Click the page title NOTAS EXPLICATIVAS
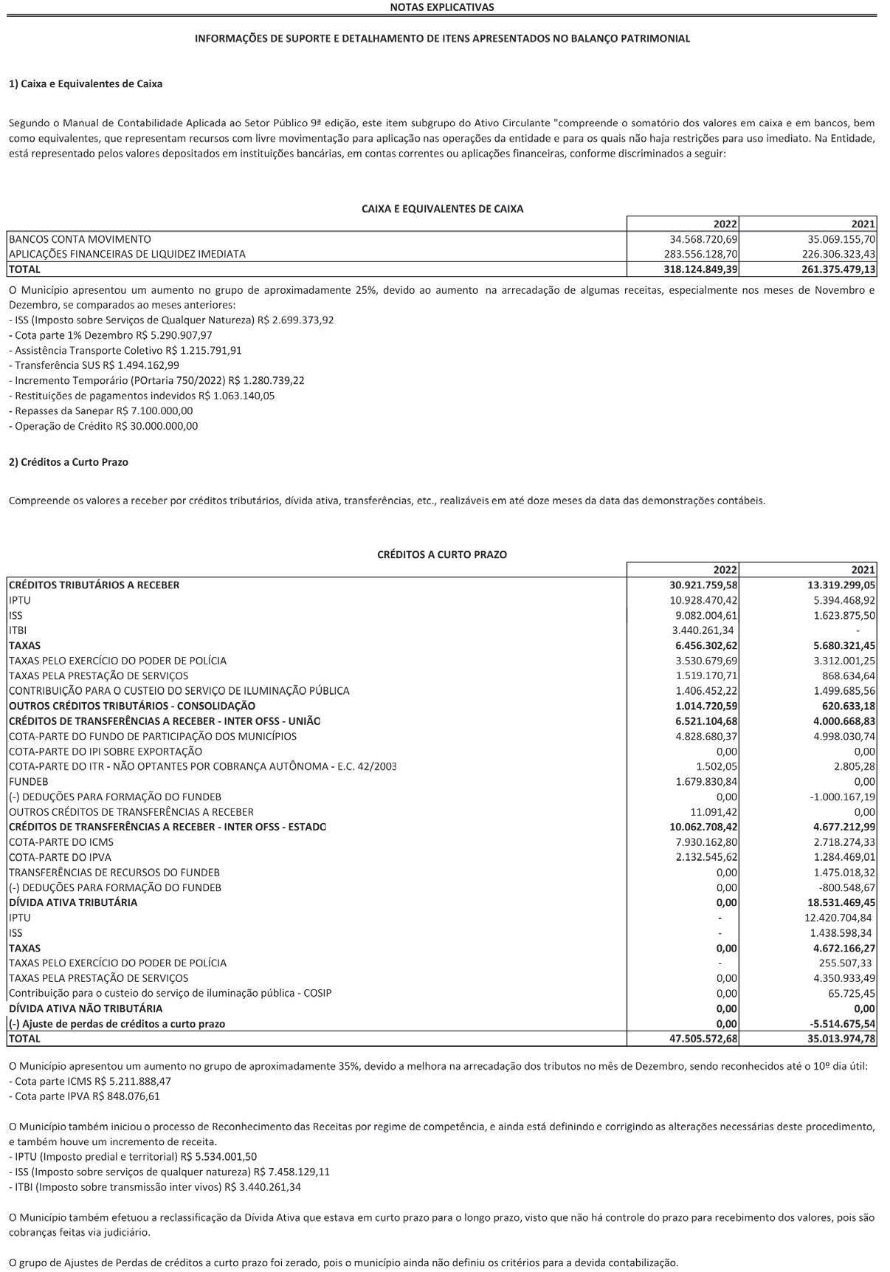(x=442, y=7)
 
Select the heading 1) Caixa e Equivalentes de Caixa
(x=86, y=83)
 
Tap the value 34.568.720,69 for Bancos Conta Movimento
(x=703, y=239)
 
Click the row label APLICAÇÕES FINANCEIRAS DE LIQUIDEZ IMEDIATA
(x=127, y=254)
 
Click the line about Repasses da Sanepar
(x=101, y=410)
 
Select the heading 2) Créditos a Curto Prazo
(x=69, y=462)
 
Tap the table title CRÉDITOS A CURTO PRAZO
(x=442, y=554)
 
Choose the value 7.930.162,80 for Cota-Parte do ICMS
(x=703, y=842)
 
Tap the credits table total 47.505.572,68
(x=700, y=1039)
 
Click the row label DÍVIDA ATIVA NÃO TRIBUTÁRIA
(x=86, y=1008)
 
